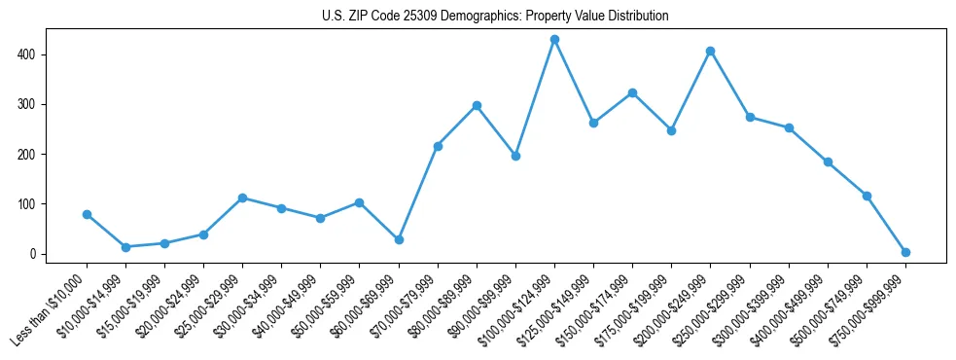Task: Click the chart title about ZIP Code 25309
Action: [495, 17]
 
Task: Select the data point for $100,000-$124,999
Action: [554, 39]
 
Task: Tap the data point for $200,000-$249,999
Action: [711, 51]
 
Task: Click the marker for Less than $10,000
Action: [87, 214]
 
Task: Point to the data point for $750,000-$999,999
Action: [905, 252]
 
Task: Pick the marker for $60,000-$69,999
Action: [399, 239]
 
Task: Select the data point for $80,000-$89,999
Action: [477, 105]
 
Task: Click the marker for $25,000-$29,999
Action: [242, 198]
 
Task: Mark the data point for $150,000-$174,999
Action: [632, 92]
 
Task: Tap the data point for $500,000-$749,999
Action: [867, 196]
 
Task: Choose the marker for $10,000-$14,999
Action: [125, 247]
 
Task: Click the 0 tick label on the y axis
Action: [34, 254]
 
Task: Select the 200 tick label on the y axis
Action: [29, 155]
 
